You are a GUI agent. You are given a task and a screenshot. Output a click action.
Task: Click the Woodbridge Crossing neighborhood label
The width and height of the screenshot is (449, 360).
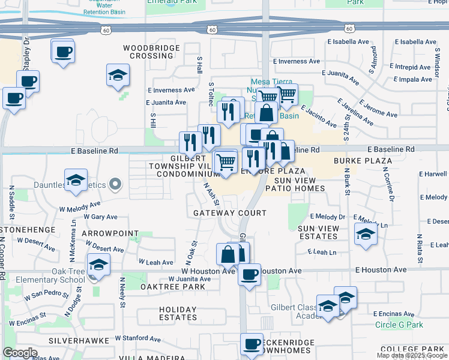tap(152, 52)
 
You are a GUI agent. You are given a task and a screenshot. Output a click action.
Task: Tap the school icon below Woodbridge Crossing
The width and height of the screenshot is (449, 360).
tap(118, 76)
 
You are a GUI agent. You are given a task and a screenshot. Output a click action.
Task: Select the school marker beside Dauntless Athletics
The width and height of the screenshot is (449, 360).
tap(76, 181)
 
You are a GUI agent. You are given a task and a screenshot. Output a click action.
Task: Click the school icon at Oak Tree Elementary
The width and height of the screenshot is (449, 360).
tap(99, 265)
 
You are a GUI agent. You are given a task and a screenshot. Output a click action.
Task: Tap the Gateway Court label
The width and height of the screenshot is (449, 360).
tap(230, 213)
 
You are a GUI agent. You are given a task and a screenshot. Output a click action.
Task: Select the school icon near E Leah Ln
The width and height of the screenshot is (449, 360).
tap(366, 235)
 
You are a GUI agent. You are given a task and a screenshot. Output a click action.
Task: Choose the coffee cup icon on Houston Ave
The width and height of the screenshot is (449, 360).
tap(249, 275)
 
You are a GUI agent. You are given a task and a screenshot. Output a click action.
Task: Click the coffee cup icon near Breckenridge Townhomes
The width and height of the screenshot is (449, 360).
tap(252, 345)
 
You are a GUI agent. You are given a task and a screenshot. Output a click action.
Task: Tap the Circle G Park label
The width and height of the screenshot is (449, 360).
tap(399, 325)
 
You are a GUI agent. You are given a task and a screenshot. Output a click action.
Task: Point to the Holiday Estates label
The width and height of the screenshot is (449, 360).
tap(178, 313)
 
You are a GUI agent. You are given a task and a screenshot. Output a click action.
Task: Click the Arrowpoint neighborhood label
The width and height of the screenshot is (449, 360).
tap(110, 233)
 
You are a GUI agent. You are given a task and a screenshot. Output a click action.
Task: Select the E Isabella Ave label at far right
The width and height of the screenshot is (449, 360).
tap(414, 42)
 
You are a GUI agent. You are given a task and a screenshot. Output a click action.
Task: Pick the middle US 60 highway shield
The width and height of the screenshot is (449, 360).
tap(212, 29)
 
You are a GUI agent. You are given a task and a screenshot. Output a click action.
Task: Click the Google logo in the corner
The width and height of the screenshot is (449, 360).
tap(20, 353)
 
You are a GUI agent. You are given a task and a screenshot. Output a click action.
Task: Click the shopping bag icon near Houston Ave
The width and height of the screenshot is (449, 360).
tap(229, 255)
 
